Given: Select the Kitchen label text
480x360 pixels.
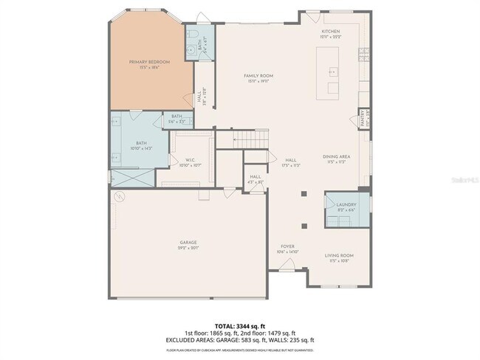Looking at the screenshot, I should pyautogui.click(x=329, y=32).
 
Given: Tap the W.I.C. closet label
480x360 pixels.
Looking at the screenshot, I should pyautogui.click(x=190, y=161).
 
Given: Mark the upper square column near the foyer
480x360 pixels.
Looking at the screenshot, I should pyautogui.click(x=304, y=195).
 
